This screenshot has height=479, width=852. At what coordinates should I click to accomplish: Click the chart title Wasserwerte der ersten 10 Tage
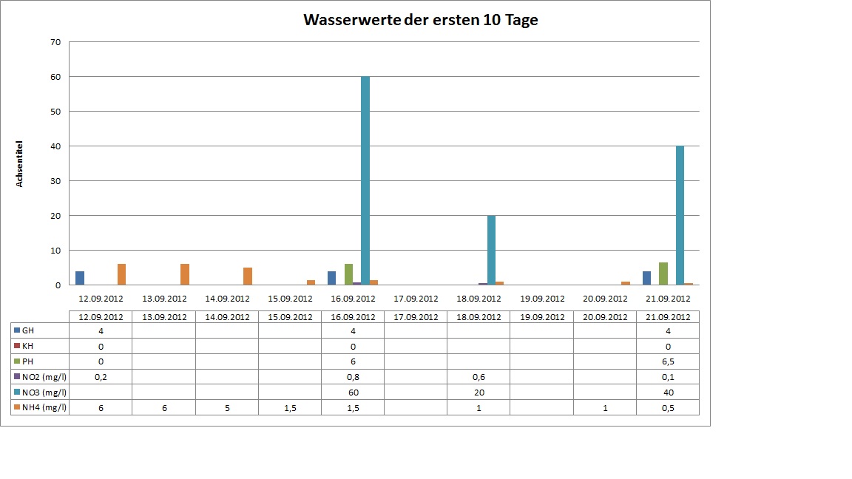pyautogui.click(x=421, y=21)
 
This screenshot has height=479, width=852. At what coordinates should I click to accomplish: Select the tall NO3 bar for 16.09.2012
pyautogui.click(x=365, y=181)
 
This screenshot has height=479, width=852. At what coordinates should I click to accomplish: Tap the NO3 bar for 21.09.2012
pyautogui.click(x=680, y=216)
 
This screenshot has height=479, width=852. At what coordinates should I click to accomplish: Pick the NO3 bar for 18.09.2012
pyautogui.click(x=491, y=251)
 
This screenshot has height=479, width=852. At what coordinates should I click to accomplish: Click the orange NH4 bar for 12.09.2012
pyautogui.click(x=121, y=275)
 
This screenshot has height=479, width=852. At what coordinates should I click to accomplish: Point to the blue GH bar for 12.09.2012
pyautogui.click(x=80, y=279)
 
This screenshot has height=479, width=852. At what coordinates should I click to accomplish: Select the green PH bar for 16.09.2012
pyautogui.click(x=348, y=275)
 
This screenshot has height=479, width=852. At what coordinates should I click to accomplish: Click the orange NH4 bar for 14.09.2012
pyautogui.click(x=248, y=276)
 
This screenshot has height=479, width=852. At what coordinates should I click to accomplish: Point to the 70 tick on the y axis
pyautogui.click(x=55, y=42)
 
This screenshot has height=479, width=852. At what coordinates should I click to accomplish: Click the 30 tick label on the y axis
pyautogui.click(x=55, y=181)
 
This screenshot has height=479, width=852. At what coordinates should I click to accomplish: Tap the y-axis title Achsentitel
pyautogui.click(x=21, y=163)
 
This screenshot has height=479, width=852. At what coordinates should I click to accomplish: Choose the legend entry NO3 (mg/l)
pyautogui.click(x=40, y=392)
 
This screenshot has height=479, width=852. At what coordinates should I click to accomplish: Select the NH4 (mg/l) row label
pyautogui.click(x=40, y=407)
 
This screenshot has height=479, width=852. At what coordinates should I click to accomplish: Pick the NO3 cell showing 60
pyautogui.click(x=353, y=392)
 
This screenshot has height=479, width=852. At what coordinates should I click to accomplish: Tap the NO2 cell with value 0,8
pyautogui.click(x=353, y=376)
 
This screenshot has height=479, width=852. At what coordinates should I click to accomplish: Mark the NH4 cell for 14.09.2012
pyautogui.click(x=226, y=407)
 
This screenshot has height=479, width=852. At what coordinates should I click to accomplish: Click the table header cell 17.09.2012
pyautogui.click(x=416, y=316)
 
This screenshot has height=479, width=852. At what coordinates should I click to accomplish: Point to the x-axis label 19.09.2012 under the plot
pyautogui.click(x=541, y=299)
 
